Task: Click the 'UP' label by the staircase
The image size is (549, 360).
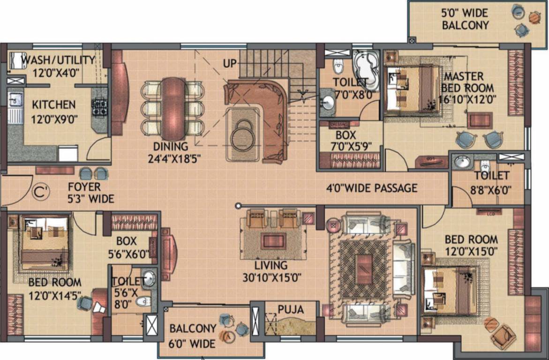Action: (230, 63)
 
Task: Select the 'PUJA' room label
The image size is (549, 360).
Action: (291, 310)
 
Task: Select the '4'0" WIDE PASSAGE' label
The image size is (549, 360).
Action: (372, 188)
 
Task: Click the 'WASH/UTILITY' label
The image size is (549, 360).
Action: (58, 60)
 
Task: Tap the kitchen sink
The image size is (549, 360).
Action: (15, 100)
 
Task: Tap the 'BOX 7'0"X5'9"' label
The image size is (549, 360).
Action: (349, 141)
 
